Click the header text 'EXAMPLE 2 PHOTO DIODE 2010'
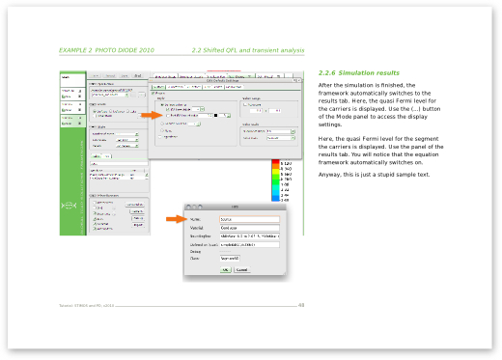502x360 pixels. [105, 49]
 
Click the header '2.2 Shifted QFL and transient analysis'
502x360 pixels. [248, 49]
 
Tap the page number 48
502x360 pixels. [301, 306]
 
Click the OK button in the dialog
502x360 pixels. [224, 270]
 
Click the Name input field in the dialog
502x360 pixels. [249, 219]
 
